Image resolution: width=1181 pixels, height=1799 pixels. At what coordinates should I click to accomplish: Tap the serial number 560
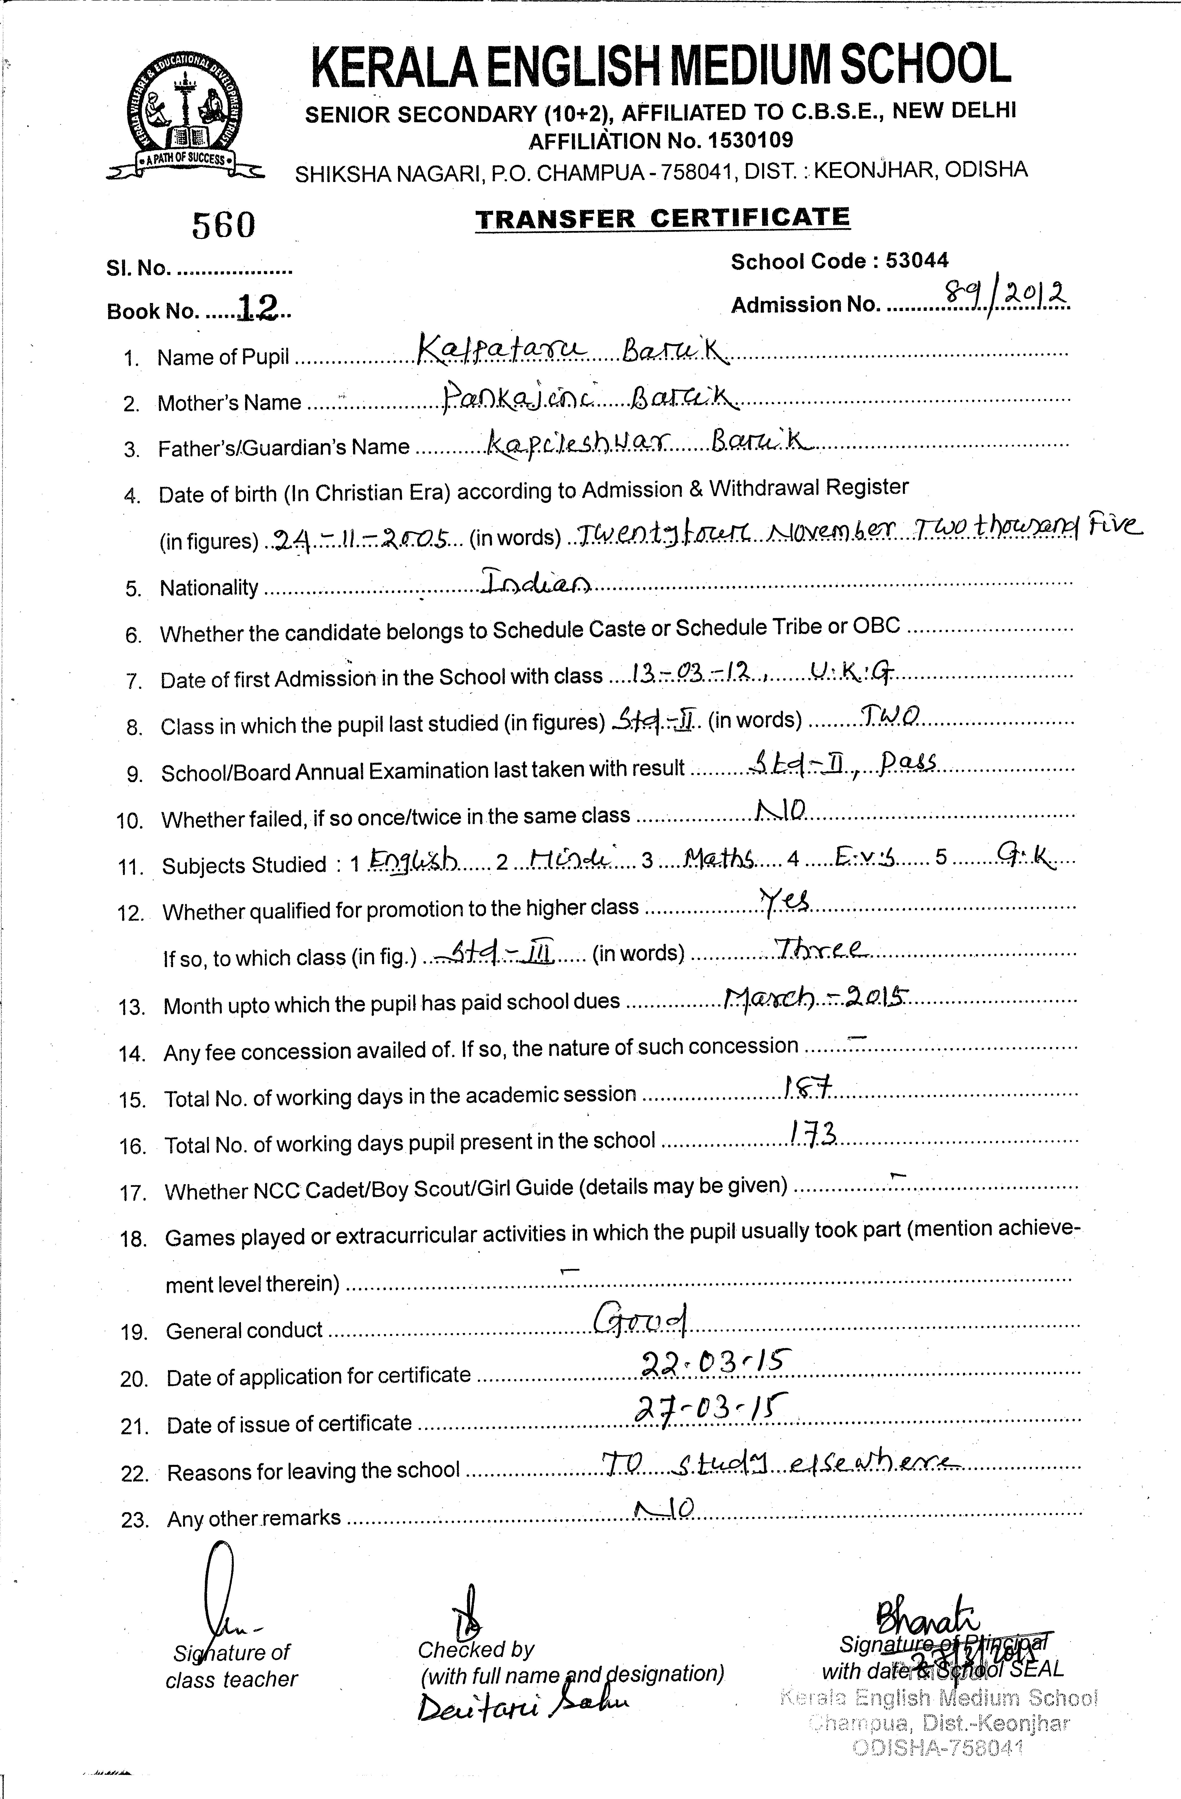(x=224, y=224)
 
